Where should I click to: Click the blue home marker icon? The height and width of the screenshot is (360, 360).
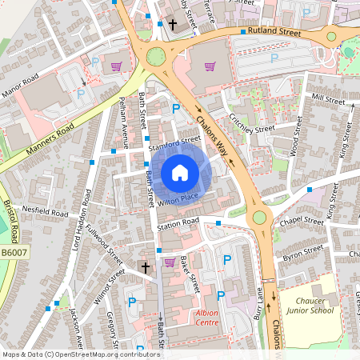(180, 172)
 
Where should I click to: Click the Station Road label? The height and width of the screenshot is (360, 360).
(177, 222)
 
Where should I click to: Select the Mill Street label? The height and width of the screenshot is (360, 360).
(328, 98)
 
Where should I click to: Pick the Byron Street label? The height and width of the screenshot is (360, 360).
(302, 254)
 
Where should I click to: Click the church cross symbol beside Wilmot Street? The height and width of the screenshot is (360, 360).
(145, 266)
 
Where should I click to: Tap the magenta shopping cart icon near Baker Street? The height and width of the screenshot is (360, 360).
(169, 262)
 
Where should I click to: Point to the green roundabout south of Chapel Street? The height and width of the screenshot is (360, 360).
(259, 217)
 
